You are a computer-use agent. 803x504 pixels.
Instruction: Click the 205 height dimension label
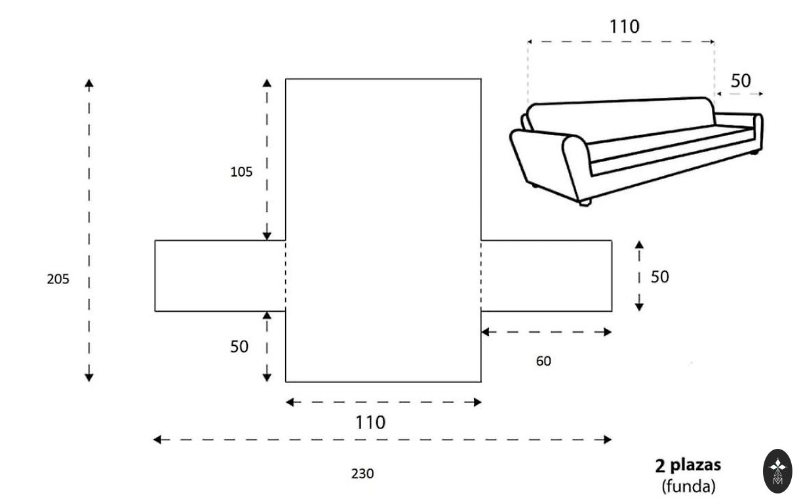coord(58,279)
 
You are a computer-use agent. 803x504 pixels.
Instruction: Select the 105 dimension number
coord(241,172)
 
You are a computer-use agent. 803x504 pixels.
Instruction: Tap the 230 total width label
coord(362,473)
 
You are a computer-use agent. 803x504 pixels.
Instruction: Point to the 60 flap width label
coord(543,360)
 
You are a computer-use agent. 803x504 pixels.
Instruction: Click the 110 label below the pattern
coord(370,423)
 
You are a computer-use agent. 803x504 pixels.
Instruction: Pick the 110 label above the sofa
coord(624,27)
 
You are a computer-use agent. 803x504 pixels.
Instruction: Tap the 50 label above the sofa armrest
coord(741,81)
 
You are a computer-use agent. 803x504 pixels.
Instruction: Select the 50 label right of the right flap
coord(659,277)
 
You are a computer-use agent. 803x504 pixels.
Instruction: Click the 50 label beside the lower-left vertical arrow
coord(239,346)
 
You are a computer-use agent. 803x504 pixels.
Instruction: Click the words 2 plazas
coord(688,465)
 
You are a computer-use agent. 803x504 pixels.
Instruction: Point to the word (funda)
coord(688,486)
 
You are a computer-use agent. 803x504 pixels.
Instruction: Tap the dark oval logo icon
coord(777,471)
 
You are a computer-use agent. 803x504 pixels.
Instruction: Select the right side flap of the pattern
coord(547,276)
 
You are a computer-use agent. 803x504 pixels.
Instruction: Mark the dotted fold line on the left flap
coord(286,276)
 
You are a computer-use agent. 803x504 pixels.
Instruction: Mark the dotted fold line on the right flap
coord(481,276)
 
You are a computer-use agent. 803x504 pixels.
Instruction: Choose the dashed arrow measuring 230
coord(382,440)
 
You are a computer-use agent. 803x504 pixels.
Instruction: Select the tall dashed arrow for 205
coord(89,230)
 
